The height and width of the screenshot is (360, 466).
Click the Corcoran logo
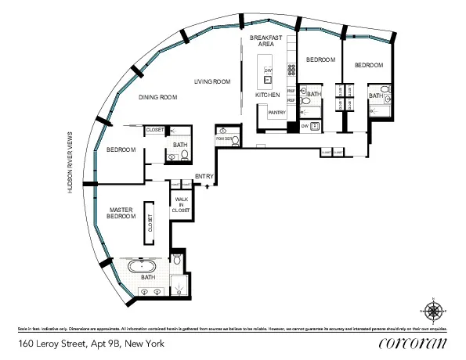point(412,343)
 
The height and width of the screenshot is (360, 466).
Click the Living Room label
point(213,81)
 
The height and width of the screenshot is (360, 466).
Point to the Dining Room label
point(158,97)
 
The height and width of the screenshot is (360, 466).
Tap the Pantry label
point(276,113)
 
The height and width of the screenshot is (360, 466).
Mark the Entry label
point(204,176)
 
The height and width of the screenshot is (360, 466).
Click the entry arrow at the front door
point(207,186)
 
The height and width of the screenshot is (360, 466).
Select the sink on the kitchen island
point(268,79)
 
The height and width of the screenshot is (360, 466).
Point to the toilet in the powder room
point(223,131)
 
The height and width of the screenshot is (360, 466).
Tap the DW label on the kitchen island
point(268,70)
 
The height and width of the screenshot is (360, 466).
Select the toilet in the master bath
point(177,258)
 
